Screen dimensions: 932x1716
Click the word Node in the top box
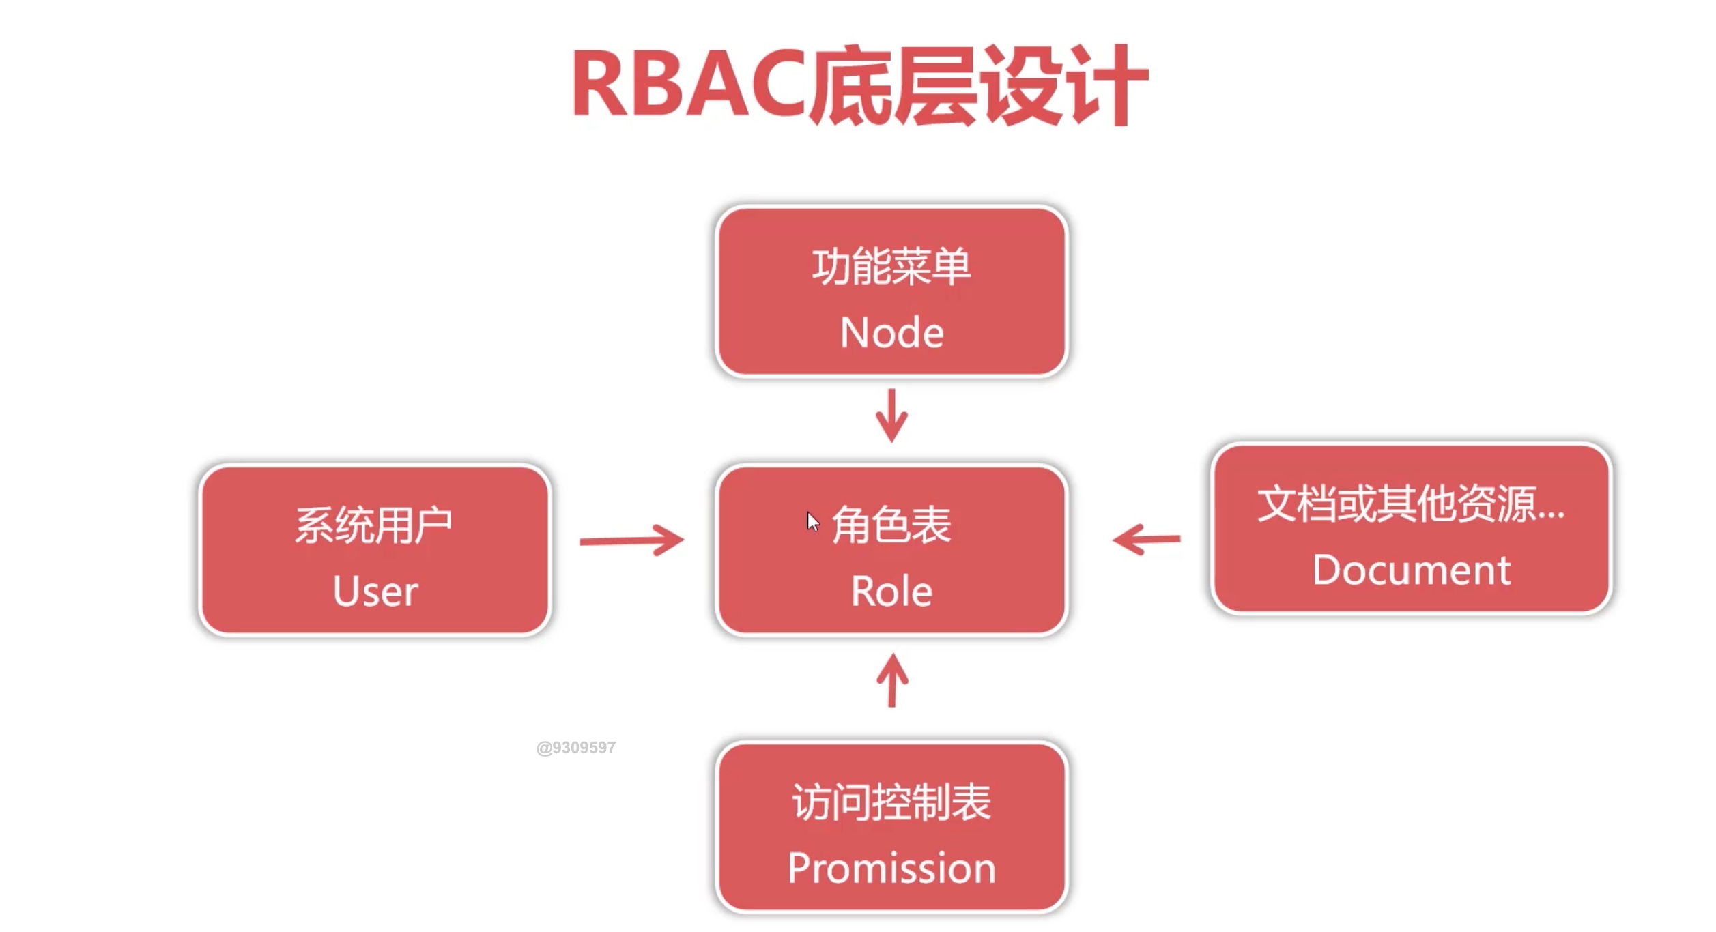[891, 333]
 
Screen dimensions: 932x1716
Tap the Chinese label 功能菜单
[891, 267]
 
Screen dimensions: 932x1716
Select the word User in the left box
[375, 592]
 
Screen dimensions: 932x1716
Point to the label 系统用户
[373, 525]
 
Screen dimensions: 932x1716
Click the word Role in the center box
[891, 592]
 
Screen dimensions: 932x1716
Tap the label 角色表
[891, 525]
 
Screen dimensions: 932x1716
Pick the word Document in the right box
[1412, 570]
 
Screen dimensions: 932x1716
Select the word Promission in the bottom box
[891, 869]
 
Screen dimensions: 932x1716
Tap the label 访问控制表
[891, 802]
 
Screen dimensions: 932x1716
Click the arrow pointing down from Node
[891, 416]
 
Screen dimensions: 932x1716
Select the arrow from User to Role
[631, 540]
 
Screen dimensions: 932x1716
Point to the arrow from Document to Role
[1147, 540]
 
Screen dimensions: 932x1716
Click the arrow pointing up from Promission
[892, 681]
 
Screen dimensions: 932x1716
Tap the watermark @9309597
[575, 748]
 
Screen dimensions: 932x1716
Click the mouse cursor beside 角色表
[812, 521]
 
